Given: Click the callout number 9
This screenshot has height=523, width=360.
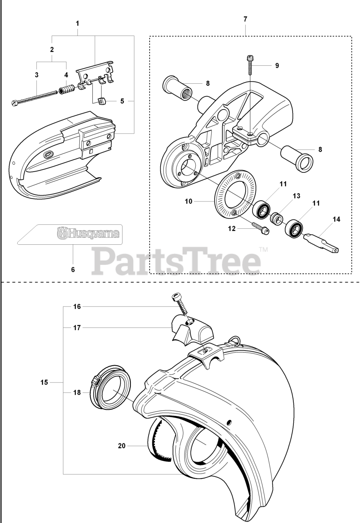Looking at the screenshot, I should click(277, 65).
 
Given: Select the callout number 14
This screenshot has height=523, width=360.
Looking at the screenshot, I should click(336, 219).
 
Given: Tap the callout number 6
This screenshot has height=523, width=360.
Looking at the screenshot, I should click(73, 269).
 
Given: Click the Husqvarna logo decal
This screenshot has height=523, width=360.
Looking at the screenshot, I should click(89, 234).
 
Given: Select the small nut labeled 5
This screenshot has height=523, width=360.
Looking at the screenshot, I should click(102, 101).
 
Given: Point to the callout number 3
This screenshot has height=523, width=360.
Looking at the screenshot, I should click(37, 75).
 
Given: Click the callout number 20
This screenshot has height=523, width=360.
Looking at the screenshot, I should click(121, 446).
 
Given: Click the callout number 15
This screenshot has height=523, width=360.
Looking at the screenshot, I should click(44, 382).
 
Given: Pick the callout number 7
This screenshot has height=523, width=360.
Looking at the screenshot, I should click(245, 19).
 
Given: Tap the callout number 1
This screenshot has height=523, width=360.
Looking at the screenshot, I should click(77, 23).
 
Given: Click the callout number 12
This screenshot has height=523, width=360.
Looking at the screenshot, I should click(232, 229).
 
